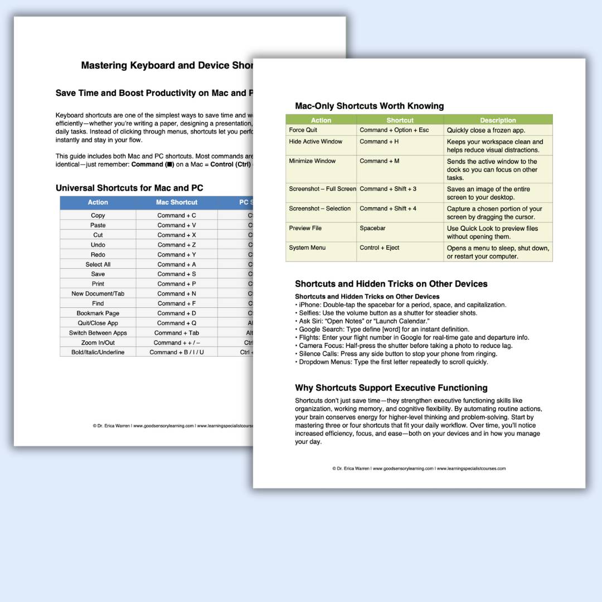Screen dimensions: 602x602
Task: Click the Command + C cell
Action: [x=176, y=215]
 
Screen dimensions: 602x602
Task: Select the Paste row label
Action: [x=98, y=225]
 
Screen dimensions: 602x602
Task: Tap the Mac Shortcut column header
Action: [x=176, y=202]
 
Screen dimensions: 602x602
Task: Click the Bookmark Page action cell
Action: [x=98, y=313]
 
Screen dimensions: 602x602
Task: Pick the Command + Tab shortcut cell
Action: [x=176, y=333]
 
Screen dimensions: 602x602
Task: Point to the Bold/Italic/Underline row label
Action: [x=98, y=352]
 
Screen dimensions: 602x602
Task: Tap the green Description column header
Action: [x=498, y=120]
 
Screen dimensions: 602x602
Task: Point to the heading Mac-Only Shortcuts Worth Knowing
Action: [x=369, y=106]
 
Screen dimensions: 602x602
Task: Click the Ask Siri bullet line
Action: [x=362, y=321]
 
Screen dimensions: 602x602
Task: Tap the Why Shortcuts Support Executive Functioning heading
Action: [x=391, y=388]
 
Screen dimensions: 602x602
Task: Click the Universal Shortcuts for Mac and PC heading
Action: [x=129, y=188]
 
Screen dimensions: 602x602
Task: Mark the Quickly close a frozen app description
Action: [x=486, y=130]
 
